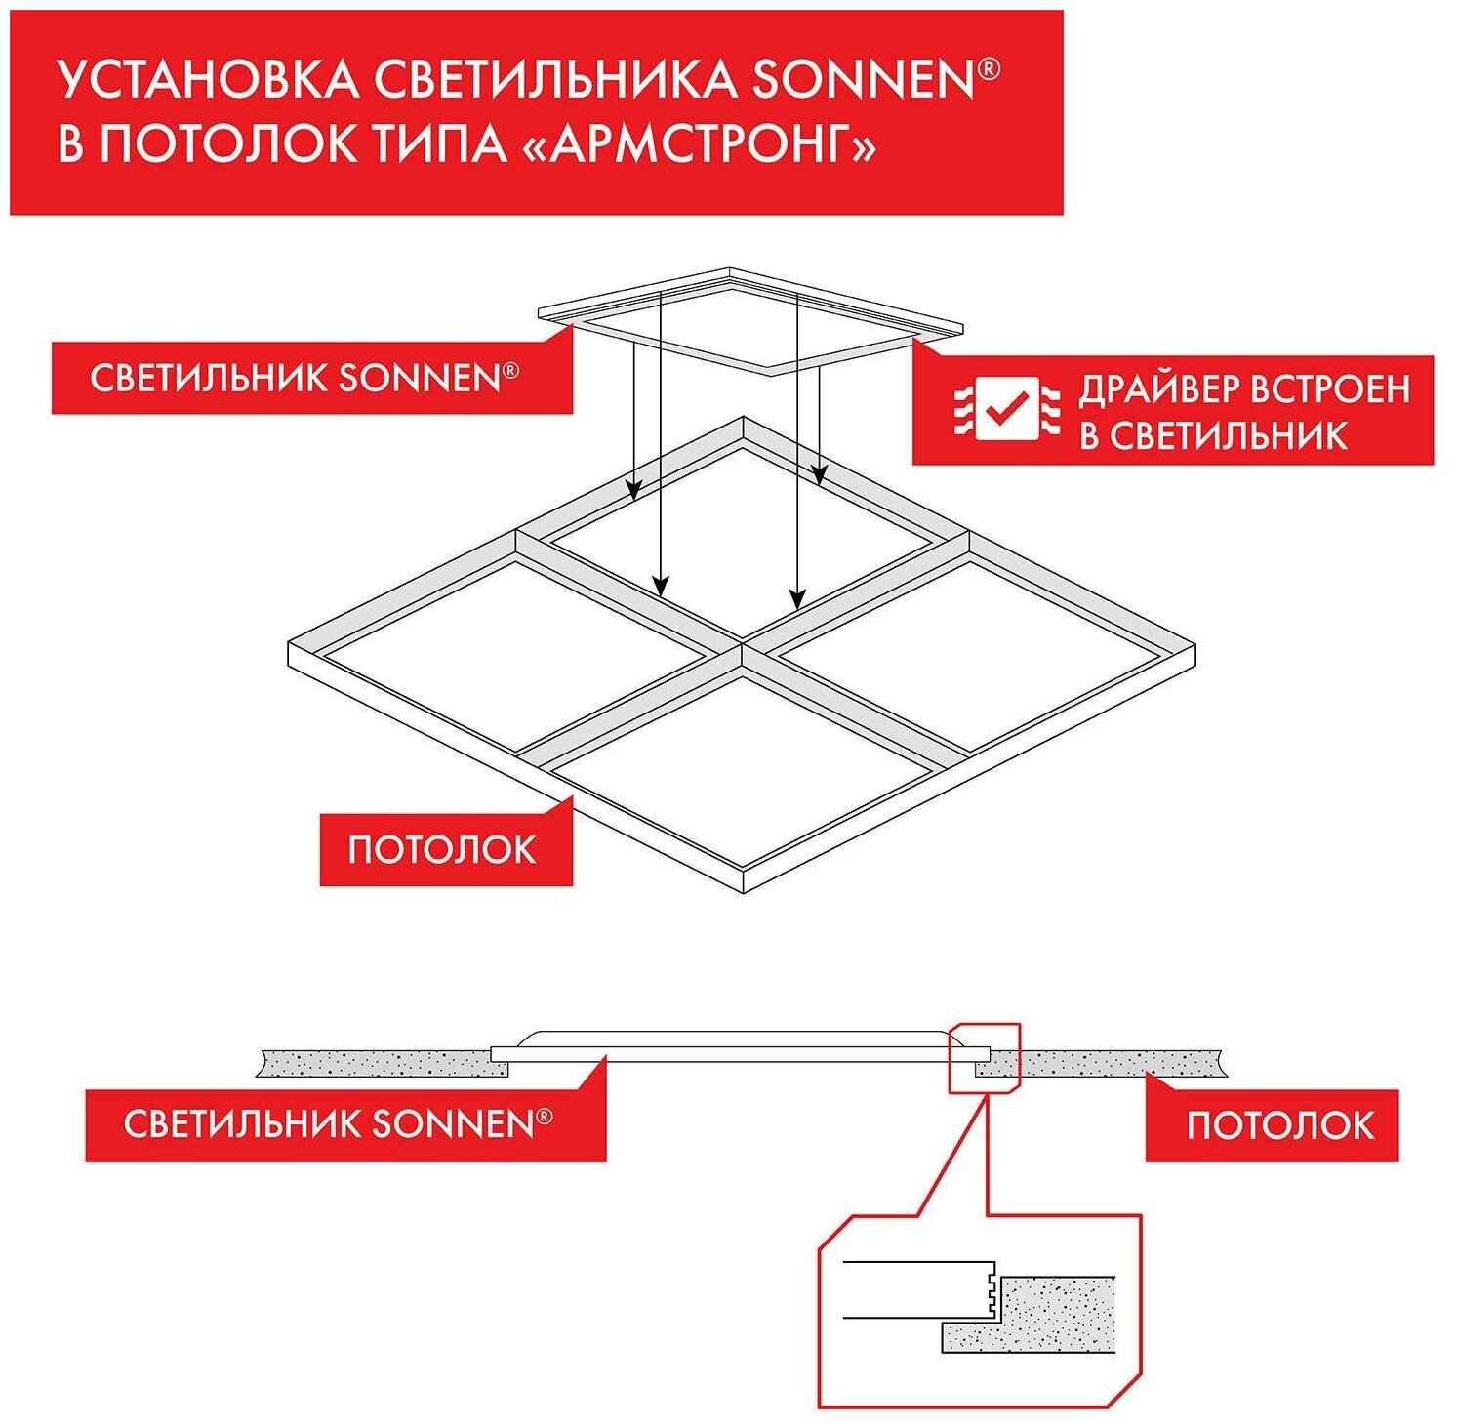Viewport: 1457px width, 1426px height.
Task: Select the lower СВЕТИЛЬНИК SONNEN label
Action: click(x=338, y=1124)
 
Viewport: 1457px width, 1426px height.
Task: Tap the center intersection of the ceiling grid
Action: click(x=742, y=645)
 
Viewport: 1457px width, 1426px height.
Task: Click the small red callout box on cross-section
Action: click(x=983, y=1057)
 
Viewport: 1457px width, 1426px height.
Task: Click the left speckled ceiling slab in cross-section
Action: click(x=381, y=1062)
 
